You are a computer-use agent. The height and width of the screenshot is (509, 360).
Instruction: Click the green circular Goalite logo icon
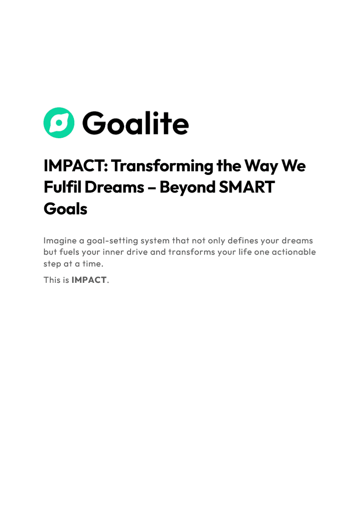coord(58,123)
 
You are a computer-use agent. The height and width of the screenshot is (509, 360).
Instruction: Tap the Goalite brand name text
coord(135,123)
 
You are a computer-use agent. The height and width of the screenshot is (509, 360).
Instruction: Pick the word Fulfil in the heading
coord(59,187)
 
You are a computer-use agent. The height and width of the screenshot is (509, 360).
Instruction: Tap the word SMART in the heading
coord(248,187)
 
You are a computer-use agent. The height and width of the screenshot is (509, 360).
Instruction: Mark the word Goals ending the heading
coord(65,208)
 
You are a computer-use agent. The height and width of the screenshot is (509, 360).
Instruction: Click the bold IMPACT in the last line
coord(89,280)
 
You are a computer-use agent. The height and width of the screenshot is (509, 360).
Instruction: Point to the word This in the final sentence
coord(51,280)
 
